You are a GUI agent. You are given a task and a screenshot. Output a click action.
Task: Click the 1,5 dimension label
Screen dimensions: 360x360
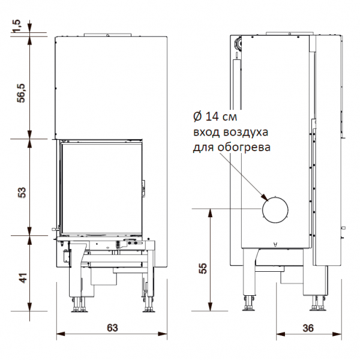click(17, 26)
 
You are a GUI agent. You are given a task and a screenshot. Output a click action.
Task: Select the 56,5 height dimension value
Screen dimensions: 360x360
click(22, 93)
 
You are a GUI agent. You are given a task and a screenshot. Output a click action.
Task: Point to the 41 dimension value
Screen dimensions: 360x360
click(23, 278)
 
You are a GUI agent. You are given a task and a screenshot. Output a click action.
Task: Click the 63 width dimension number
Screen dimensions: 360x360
click(112, 328)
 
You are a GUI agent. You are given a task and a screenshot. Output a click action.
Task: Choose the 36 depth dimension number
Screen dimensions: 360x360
click(308, 328)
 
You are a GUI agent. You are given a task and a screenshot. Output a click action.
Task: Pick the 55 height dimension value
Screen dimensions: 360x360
click(203, 268)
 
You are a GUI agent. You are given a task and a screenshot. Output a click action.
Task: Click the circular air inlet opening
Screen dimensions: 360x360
click(275, 210)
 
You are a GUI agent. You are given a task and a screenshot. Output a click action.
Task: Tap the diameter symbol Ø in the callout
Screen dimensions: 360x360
click(197, 116)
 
